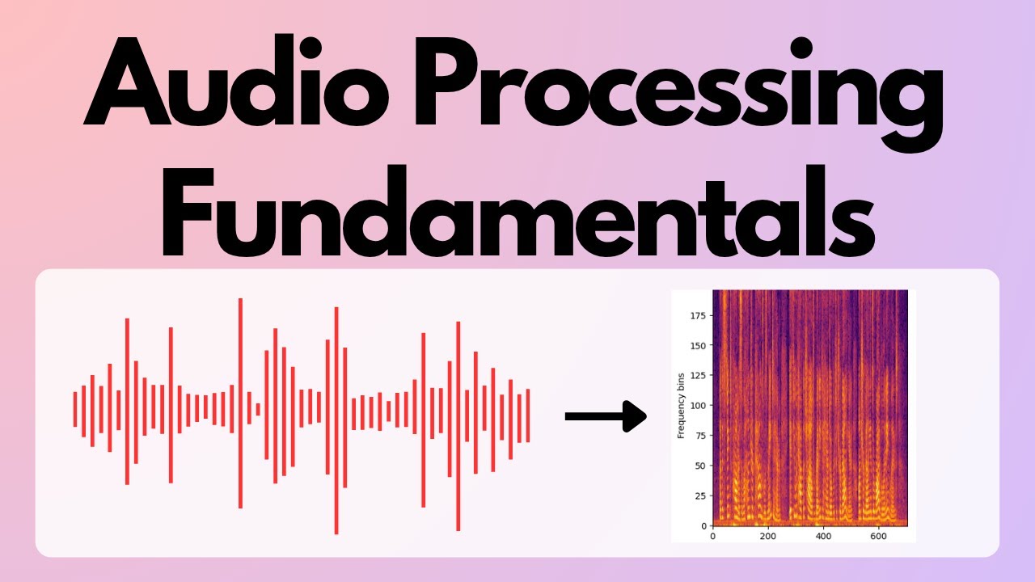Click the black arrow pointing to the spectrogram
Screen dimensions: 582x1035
[x=606, y=416]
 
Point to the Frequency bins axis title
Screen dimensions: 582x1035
[x=681, y=405]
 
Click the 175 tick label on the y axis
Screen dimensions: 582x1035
[x=698, y=315]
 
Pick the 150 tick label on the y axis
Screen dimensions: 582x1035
[x=698, y=345]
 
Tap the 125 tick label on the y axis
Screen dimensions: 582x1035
[x=698, y=375]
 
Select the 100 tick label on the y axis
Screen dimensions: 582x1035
[x=698, y=405]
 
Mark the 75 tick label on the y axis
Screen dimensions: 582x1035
[x=700, y=436]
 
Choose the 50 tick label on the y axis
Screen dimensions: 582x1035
[x=700, y=466]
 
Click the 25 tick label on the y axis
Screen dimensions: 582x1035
[x=700, y=496]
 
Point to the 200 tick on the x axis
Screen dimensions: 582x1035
[x=768, y=535]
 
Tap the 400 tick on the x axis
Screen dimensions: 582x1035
[x=824, y=535]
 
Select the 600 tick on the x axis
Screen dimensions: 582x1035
[x=880, y=535]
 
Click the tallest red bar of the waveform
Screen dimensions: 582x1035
[x=240, y=403]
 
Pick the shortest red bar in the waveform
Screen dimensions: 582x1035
[x=258, y=409]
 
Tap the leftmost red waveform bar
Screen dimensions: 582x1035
[x=75, y=409]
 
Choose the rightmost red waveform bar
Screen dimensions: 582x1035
[x=527, y=415]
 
